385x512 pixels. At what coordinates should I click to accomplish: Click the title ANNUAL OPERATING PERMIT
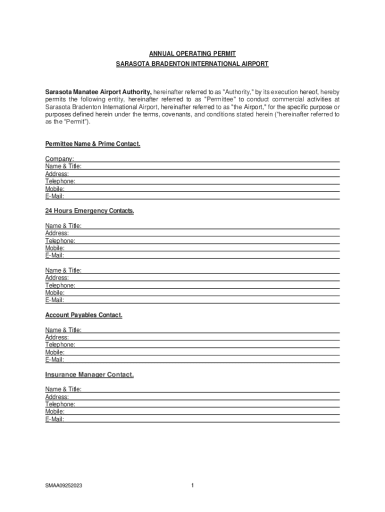[192, 53]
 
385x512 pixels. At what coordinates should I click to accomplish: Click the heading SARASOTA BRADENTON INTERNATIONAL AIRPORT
[192, 64]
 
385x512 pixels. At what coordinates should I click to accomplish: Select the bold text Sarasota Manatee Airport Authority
[98, 92]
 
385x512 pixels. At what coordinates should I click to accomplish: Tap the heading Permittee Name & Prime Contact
[92, 144]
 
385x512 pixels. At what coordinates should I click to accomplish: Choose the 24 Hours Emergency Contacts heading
[89, 211]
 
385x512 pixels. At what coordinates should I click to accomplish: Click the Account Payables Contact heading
[83, 315]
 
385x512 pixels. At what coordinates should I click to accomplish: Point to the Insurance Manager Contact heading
[89, 374]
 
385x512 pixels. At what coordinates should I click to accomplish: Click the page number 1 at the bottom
[192, 485]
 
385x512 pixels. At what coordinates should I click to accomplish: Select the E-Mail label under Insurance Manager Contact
[54, 419]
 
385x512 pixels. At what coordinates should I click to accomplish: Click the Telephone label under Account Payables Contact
[60, 345]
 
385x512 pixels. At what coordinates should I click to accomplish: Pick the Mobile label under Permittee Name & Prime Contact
[54, 189]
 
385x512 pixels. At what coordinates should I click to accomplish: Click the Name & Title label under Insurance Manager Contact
[63, 389]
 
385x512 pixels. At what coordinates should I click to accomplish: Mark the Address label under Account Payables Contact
[57, 337]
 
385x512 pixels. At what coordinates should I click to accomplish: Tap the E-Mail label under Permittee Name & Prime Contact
[54, 196]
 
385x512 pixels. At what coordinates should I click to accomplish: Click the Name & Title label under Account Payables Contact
[63, 330]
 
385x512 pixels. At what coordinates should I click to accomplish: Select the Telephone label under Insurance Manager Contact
[60, 404]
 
